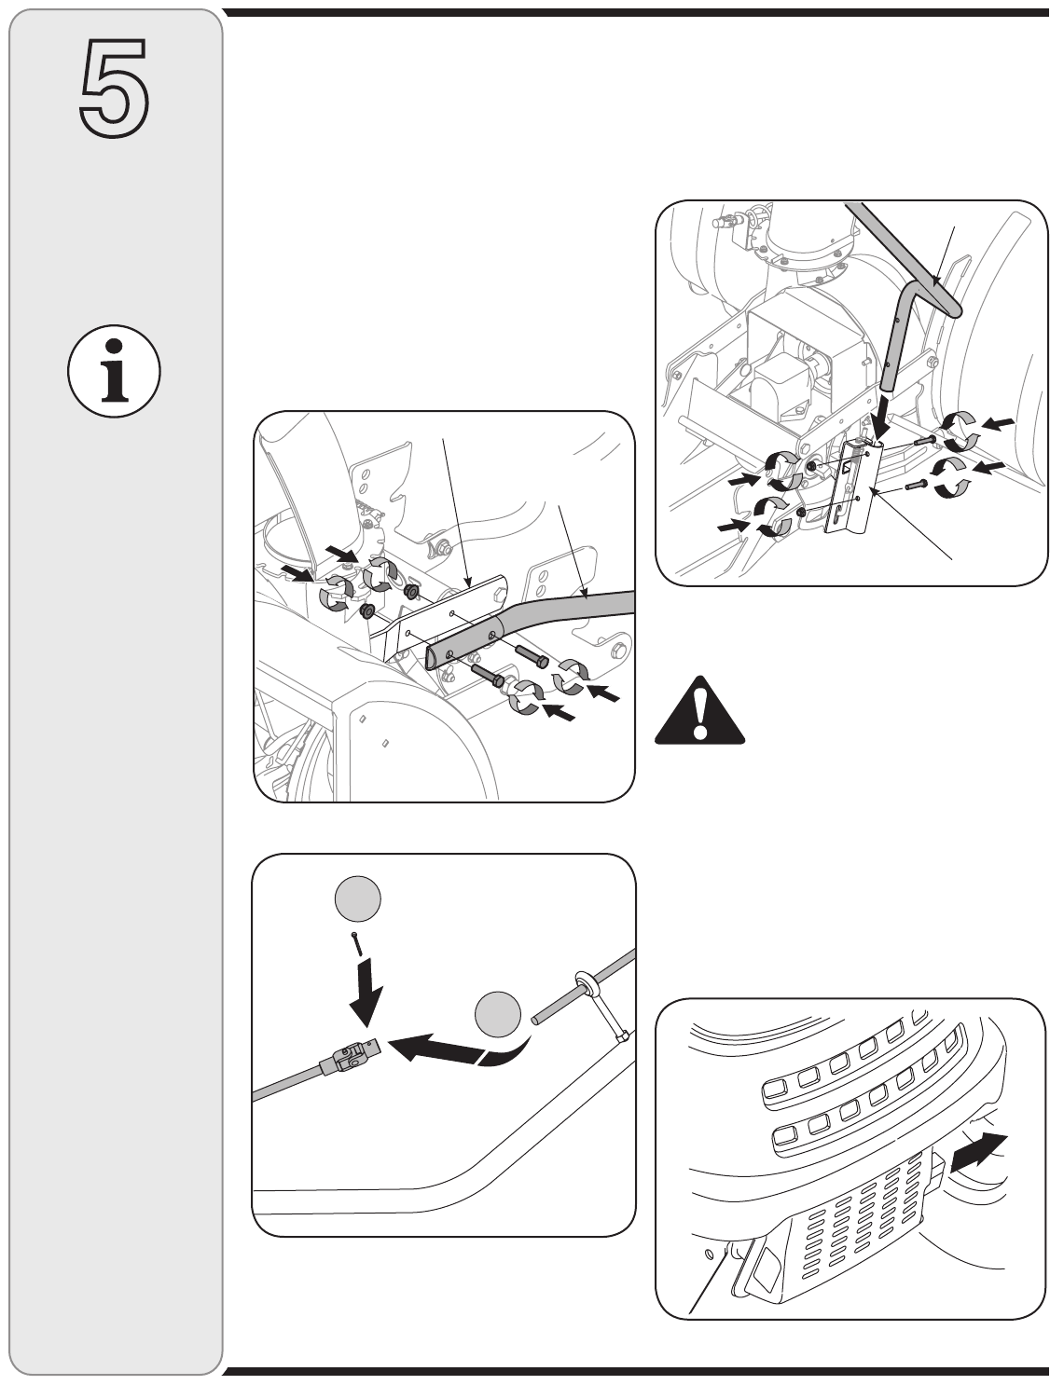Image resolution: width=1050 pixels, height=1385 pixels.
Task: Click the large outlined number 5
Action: click(x=114, y=89)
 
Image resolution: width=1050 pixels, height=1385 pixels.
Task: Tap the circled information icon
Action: click(x=114, y=371)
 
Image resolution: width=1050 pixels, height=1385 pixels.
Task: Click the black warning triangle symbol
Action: click(x=699, y=710)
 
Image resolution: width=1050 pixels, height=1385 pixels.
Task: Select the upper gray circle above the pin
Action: click(x=357, y=899)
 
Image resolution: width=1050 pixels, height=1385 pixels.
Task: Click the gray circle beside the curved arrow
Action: click(x=498, y=1014)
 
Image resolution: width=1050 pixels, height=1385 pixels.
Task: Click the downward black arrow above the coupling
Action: click(x=366, y=994)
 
